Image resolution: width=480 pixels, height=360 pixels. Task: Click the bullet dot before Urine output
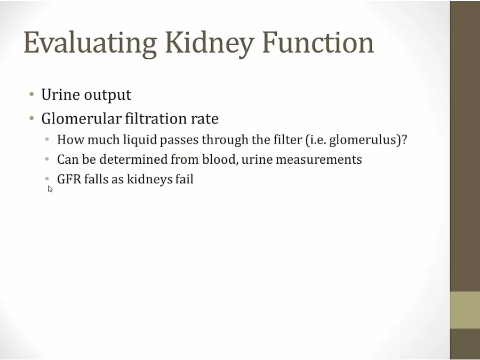(31, 94)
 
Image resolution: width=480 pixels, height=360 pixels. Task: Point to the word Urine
(60, 94)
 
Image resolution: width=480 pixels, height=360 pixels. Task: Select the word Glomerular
(82, 118)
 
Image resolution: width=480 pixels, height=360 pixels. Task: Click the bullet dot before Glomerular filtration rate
(31, 118)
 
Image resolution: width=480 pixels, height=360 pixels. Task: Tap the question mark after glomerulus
(404, 140)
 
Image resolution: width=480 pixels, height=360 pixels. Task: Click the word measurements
(319, 160)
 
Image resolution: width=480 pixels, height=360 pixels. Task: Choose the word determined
(133, 159)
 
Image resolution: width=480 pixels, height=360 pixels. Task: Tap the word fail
(185, 179)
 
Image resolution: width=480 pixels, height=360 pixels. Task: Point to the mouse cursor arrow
(50, 189)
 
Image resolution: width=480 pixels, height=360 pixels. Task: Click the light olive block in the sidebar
(465, 310)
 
